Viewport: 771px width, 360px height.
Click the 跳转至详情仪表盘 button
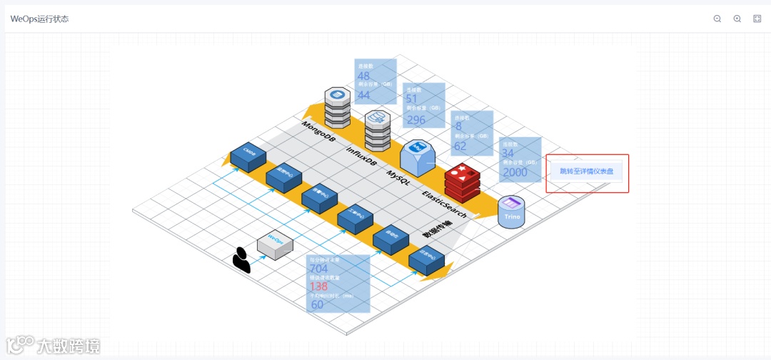pos(586,171)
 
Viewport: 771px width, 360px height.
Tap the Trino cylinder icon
pos(511,212)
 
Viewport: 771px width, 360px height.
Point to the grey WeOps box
pos(275,244)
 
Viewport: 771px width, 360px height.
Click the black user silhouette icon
pos(242,260)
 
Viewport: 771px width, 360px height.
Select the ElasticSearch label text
pos(444,204)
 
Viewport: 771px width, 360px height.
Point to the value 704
pos(318,269)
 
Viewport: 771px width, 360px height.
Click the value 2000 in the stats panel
pos(515,173)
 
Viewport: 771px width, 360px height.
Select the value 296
pos(415,120)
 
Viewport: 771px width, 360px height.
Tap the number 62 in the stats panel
pos(460,146)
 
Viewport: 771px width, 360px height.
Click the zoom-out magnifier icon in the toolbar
pos(717,19)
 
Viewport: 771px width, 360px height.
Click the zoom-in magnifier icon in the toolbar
pos(737,19)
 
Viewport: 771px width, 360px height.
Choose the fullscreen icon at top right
pos(757,19)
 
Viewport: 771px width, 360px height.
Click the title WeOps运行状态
pos(39,19)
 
